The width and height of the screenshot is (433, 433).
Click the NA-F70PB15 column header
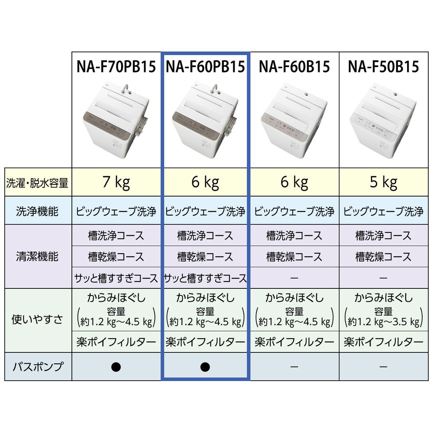[x=116, y=67]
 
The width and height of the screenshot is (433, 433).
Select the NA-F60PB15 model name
[x=205, y=67]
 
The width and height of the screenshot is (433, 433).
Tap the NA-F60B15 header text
[x=294, y=67]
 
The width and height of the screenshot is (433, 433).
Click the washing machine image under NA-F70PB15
[x=116, y=122]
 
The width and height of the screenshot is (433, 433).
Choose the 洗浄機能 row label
[x=38, y=212]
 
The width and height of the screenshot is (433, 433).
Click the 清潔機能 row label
[x=38, y=257]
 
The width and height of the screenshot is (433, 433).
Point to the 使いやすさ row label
[x=38, y=320]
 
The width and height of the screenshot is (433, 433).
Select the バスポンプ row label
[x=38, y=367]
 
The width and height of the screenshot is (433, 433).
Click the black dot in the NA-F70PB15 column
[x=116, y=367]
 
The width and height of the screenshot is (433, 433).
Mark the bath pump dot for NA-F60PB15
[x=205, y=367]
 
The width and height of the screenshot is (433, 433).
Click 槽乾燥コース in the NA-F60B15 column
[x=294, y=257]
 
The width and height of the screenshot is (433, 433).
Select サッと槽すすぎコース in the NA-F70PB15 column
[x=116, y=278]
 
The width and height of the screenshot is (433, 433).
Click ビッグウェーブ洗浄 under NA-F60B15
[x=294, y=212]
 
